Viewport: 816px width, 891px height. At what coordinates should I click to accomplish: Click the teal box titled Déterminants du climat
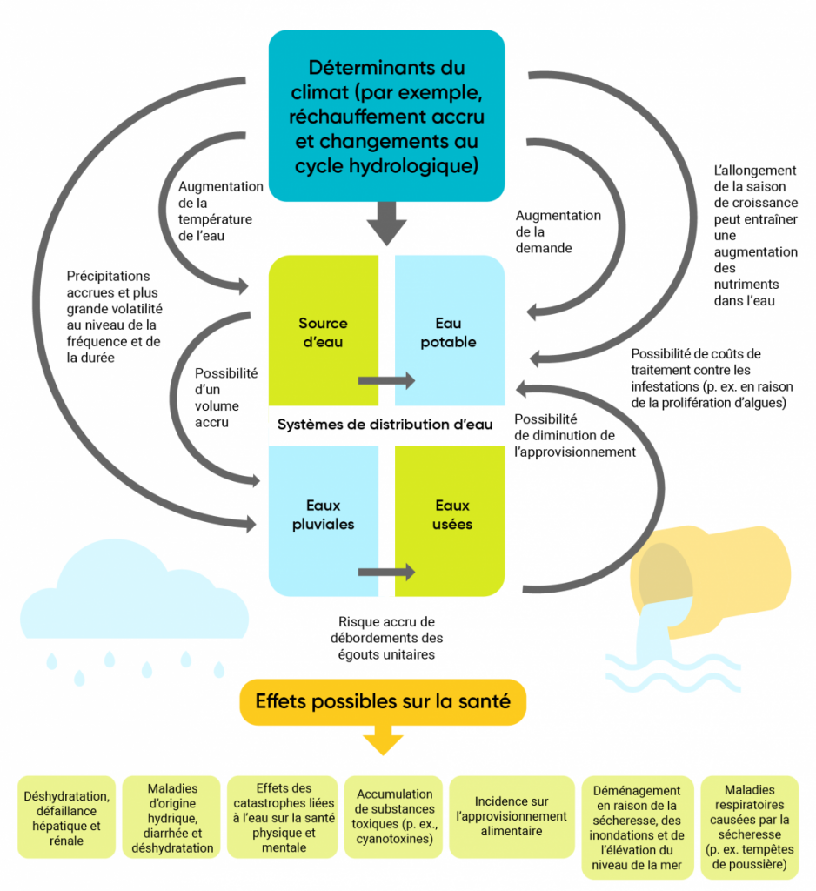pos(386,117)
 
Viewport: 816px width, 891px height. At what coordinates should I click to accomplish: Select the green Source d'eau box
pos(322,331)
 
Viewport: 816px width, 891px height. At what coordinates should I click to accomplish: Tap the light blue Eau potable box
pos(449,331)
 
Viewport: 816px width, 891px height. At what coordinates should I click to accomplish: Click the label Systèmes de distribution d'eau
pos(385,425)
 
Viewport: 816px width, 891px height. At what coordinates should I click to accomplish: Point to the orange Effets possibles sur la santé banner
pos(383,701)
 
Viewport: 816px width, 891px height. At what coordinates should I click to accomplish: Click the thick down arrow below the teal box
pos(386,224)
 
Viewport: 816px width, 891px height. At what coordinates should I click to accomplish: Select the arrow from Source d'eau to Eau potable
pos(386,380)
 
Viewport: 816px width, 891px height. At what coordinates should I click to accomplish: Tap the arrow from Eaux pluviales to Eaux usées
pos(386,572)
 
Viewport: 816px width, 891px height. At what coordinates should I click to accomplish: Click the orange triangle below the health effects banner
pos(383,741)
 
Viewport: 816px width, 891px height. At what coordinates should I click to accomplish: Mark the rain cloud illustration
pos(130,609)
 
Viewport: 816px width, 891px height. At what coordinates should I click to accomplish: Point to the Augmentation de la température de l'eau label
pos(220,210)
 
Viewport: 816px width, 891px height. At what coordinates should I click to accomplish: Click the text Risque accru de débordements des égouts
pos(386,638)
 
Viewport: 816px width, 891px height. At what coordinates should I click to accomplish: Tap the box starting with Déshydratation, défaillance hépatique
pos(66,817)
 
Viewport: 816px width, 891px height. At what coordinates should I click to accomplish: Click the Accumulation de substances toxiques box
pos(394,816)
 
